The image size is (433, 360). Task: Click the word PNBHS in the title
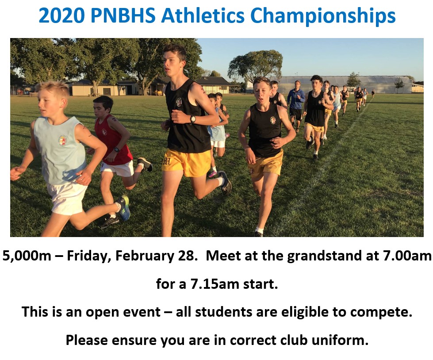[x=123, y=15]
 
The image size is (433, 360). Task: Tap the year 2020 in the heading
[x=61, y=15]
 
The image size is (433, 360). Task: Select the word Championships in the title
[x=323, y=16]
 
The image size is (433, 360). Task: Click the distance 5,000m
[x=27, y=256]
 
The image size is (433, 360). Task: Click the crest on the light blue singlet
[x=62, y=141]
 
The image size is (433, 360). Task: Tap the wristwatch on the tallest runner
[x=193, y=119]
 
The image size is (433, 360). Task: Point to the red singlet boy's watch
[x=117, y=150]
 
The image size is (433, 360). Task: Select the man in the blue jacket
[x=296, y=105]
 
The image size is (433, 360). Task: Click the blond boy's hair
[x=54, y=88]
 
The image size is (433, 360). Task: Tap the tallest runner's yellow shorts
[x=187, y=163]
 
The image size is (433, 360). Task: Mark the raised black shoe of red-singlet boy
[x=145, y=164]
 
